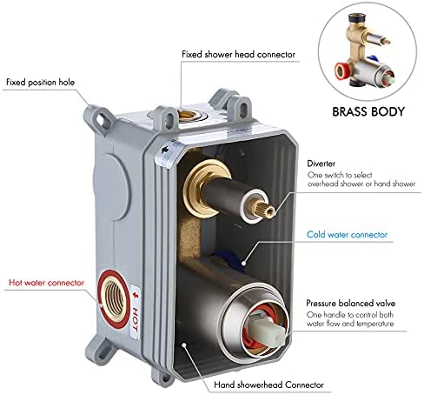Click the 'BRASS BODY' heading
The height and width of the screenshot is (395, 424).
[368, 111]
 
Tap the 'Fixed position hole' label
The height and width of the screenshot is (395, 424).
[40, 82]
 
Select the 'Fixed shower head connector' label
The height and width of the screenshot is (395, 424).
[239, 54]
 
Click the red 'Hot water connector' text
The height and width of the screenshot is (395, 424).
[46, 283]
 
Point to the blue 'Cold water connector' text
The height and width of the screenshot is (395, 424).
[347, 234]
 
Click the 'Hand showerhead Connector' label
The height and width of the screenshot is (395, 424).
[268, 385]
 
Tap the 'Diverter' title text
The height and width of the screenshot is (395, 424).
[321, 164]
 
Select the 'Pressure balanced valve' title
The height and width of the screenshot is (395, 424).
[351, 303]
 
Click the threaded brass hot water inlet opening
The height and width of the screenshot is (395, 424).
[115, 298]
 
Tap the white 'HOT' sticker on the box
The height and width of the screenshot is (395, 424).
[136, 311]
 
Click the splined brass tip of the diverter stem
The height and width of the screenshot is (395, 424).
[266, 209]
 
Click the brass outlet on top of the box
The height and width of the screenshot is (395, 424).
[189, 116]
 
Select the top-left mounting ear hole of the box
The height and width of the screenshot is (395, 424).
[101, 119]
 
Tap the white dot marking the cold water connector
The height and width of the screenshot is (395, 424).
[244, 264]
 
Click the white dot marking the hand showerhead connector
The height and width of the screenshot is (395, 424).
[183, 345]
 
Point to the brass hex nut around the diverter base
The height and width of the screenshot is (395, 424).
[200, 188]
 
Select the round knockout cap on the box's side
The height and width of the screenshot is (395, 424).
[111, 187]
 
